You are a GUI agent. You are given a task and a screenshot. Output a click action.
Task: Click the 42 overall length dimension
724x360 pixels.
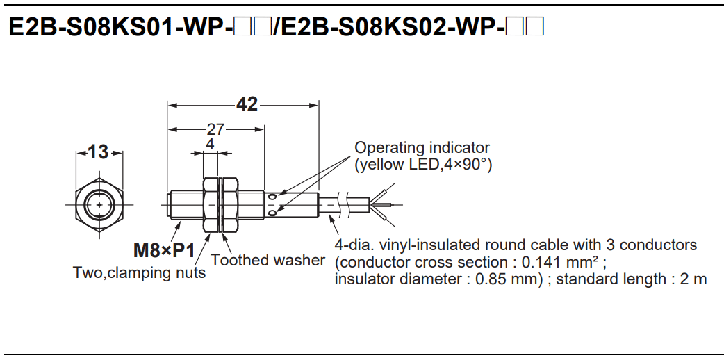tap(247, 104)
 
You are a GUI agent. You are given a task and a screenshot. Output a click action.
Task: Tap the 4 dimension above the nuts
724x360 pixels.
tap(210, 144)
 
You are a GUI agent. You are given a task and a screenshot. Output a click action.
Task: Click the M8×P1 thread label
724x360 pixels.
tap(165, 250)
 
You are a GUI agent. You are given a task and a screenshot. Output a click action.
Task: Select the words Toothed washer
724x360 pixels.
tap(268, 261)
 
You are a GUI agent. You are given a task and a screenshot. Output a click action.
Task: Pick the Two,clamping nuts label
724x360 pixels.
tap(139, 273)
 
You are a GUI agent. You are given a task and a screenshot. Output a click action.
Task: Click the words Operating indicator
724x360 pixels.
tap(422, 148)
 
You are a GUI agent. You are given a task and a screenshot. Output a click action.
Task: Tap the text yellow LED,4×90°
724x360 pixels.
tap(423, 165)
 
